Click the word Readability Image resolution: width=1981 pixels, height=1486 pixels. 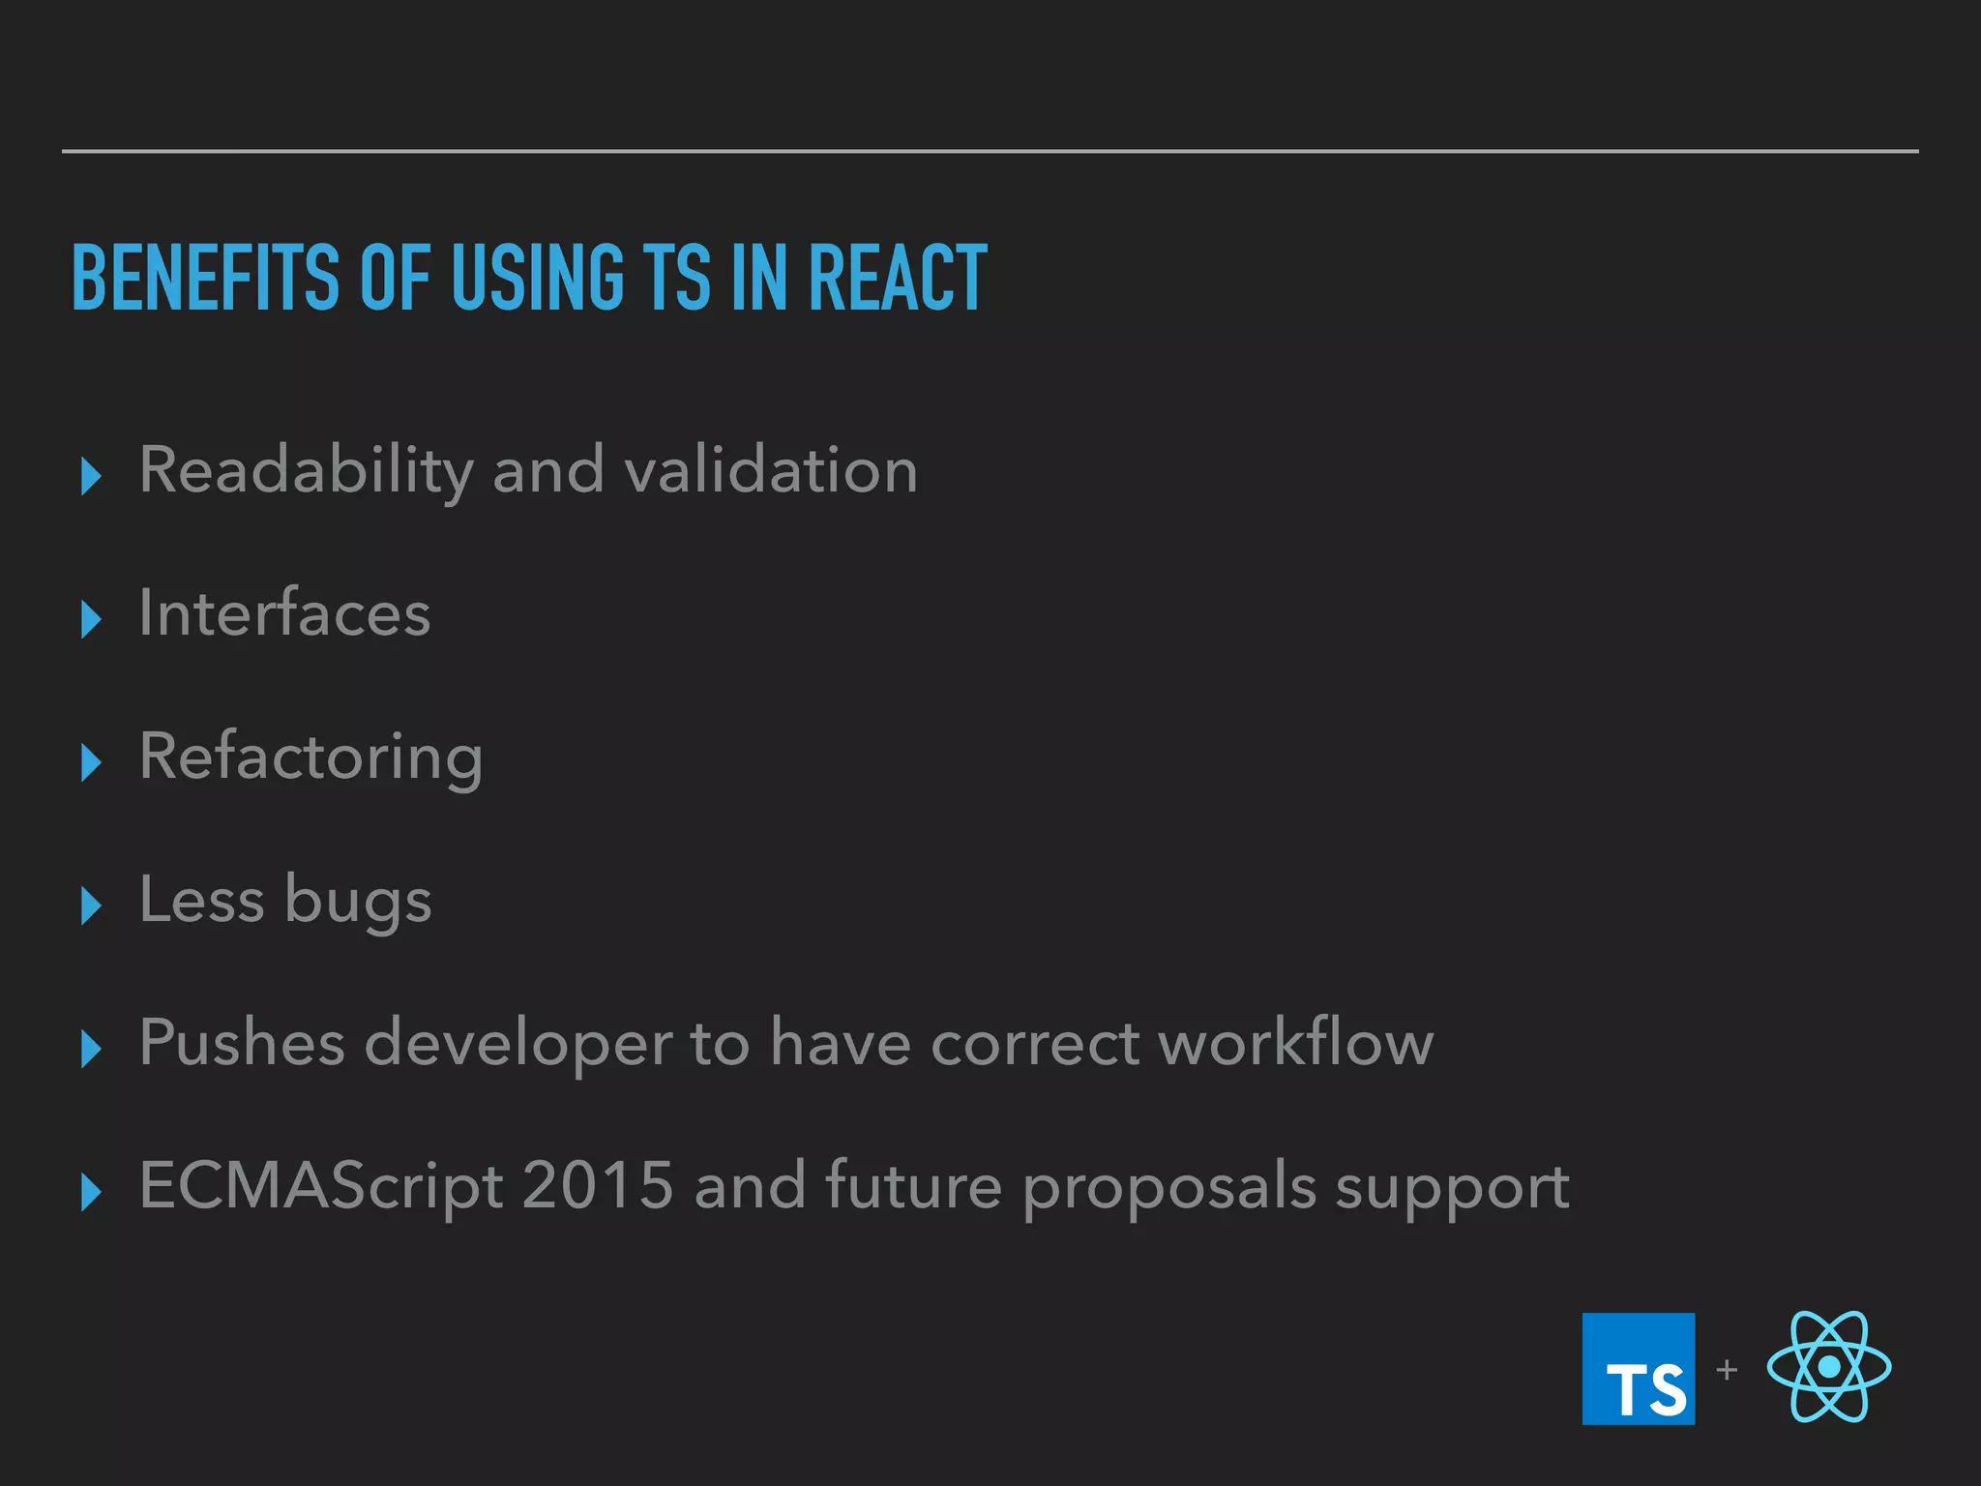point(306,471)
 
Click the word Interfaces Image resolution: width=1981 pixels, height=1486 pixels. point(284,613)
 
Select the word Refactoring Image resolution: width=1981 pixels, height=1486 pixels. point(310,758)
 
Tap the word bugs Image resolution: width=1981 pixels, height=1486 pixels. point(358,902)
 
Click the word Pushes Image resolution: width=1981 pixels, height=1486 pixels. point(242,1043)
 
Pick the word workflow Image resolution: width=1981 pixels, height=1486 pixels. point(1296,1043)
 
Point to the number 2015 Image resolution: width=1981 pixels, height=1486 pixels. point(597,1185)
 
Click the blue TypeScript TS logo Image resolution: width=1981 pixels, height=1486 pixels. point(1638,1368)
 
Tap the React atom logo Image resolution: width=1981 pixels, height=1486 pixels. point(1828,1366)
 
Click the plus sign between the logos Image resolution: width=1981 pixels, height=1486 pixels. point(1727,1369)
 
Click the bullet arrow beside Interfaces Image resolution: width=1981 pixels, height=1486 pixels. point(91,619)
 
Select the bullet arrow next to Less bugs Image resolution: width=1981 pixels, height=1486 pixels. point(91,906)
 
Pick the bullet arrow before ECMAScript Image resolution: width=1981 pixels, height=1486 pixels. point(91,1192)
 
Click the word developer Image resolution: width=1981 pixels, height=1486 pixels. point(517,1045)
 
